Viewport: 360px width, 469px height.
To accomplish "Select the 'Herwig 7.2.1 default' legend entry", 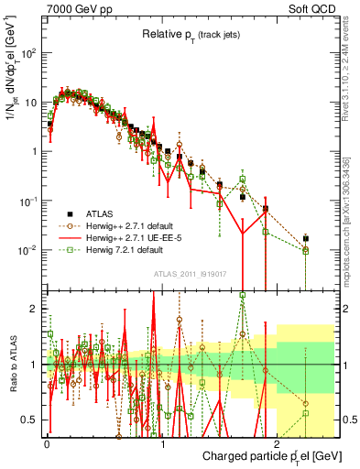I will (133, 249).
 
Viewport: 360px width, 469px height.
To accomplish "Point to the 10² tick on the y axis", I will (33, 53).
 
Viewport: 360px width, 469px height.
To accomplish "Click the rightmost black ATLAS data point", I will (306, 238).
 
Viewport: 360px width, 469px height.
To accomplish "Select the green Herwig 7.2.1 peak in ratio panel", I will (242, 295).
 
